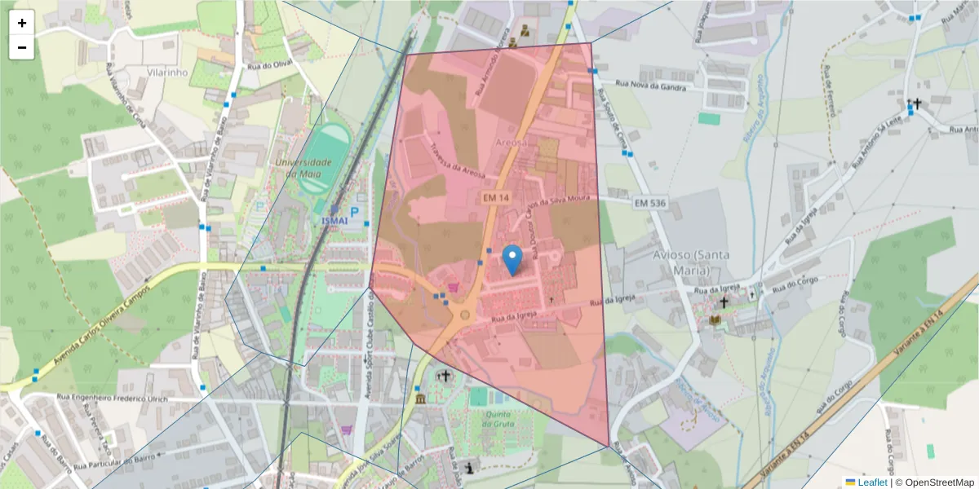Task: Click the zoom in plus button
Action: pos(22,23)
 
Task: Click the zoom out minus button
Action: pos(22,47)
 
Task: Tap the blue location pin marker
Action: pos(512,259)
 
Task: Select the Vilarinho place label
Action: pos(167,72)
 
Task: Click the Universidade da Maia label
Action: pos(303,168)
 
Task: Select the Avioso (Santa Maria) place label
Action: pos(691,262)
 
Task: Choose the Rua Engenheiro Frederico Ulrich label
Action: pos(113,398)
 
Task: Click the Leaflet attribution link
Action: pos(871,482)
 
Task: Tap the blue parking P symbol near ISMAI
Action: pos(355,211)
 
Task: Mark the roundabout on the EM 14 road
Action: pos(466,315)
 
